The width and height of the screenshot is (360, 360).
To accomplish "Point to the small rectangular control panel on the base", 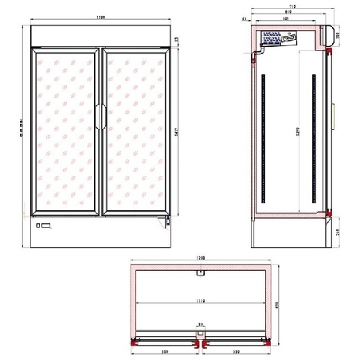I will tap(45, 229).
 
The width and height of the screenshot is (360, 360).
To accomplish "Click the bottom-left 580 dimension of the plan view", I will tap(163, 350).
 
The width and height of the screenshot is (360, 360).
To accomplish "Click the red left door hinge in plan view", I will tap(131, 340).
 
